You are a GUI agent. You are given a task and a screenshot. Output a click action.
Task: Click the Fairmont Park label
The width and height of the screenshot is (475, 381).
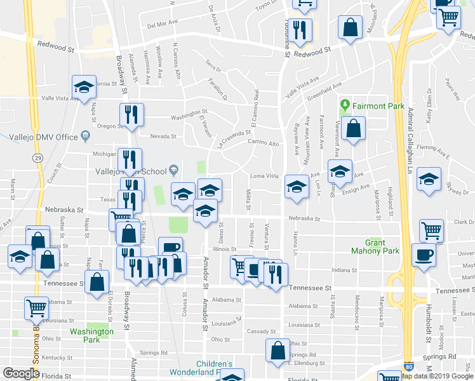point(375,105)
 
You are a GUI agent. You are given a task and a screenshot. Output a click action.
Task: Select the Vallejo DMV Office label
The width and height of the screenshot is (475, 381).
point(43,137)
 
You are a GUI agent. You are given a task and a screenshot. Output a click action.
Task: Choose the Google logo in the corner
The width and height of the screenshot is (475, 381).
point(21,373)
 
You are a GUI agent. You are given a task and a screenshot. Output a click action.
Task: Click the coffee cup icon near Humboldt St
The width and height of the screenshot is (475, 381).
point(424,255)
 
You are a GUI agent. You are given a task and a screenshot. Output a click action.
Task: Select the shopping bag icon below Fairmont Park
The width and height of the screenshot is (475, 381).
point(352,128)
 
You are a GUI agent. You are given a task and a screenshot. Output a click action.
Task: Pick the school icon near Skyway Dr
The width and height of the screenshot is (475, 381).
point(429,179)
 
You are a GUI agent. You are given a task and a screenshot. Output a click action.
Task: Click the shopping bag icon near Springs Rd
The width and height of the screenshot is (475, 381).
point(278,351)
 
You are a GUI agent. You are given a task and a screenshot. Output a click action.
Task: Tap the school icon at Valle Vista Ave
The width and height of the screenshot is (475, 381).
point(84,89)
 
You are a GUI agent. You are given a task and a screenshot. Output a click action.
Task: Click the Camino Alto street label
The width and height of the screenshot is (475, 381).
point(264,144)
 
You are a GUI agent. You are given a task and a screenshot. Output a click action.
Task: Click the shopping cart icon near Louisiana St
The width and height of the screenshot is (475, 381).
point(36,308)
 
